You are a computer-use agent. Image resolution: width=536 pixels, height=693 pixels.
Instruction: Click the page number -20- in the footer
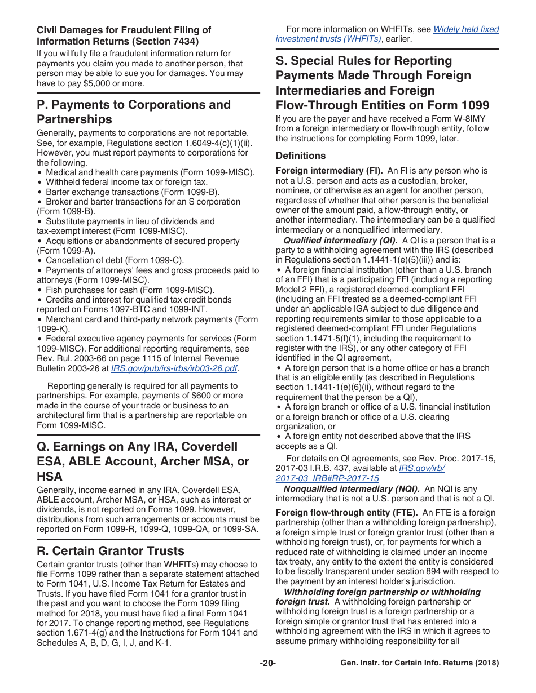(x=267, y=663)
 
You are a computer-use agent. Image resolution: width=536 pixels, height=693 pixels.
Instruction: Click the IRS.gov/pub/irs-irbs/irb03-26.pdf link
(x=174, y=368)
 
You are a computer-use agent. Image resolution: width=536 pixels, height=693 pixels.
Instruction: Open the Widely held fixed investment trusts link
(x=387, y=34)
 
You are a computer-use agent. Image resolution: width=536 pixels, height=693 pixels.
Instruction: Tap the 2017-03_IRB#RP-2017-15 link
(x=327, y=478)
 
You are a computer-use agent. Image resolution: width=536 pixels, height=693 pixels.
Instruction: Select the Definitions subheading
(x=300, y=156)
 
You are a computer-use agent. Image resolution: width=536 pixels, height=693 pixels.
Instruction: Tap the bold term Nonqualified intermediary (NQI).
(x=352, y=488)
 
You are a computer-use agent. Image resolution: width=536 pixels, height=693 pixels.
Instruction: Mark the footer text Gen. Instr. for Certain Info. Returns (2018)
(x=420, y=663)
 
